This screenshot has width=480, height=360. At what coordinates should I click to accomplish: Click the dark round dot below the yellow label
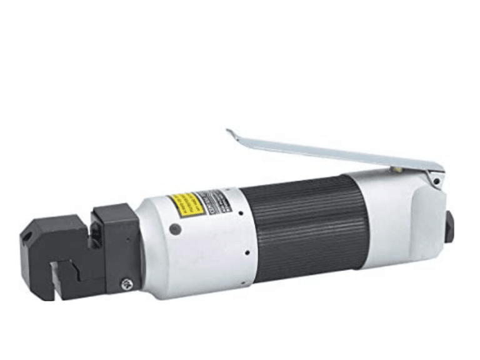click(x=176, y=229)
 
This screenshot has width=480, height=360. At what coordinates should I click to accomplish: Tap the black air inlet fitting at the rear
click(x=449, y=226)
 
